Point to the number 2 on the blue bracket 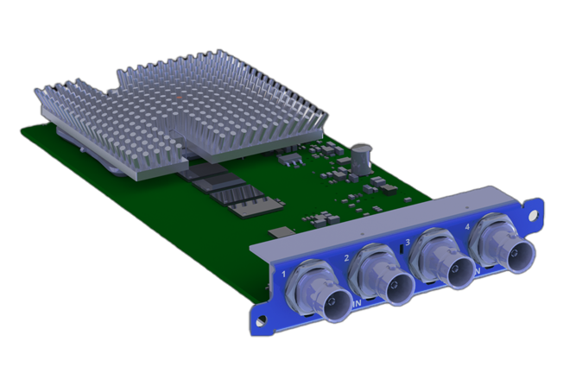(x=346, y=257)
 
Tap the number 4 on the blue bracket (x=467, y=227)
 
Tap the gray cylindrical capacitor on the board (x=364, y=161)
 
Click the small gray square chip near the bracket (x=281, y=231)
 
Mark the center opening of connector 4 (x=522, y=253)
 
